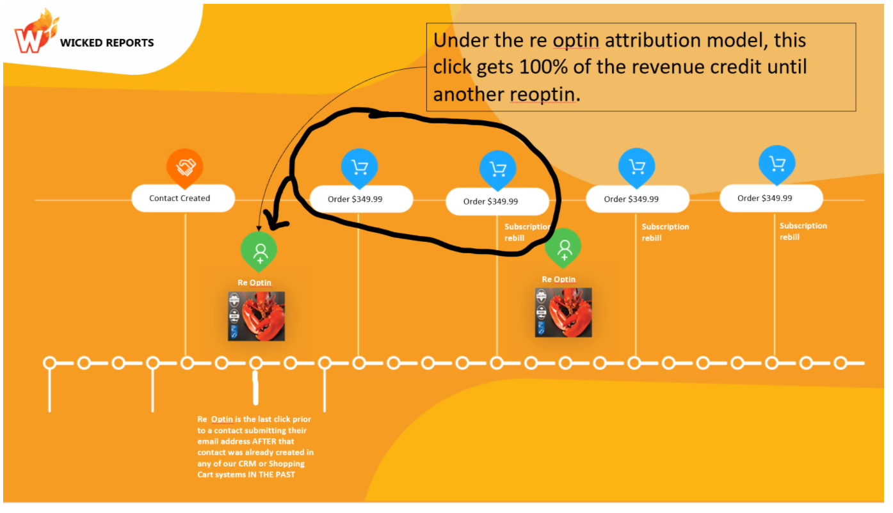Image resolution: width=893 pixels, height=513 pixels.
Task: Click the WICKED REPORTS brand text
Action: click(107, 43)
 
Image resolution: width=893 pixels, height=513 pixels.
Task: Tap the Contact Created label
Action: click(180, 198)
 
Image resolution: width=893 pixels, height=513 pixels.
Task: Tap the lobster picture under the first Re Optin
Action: click(256, 316)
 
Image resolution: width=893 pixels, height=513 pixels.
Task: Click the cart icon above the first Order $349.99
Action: click(359, 167)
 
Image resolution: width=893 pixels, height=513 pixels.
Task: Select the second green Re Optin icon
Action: click(563, 247)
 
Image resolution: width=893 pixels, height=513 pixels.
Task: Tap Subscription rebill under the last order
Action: click(803, 231)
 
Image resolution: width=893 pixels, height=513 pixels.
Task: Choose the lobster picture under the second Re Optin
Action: click(563, 312)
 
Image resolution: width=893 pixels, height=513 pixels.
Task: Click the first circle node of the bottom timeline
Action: click(49, 363)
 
